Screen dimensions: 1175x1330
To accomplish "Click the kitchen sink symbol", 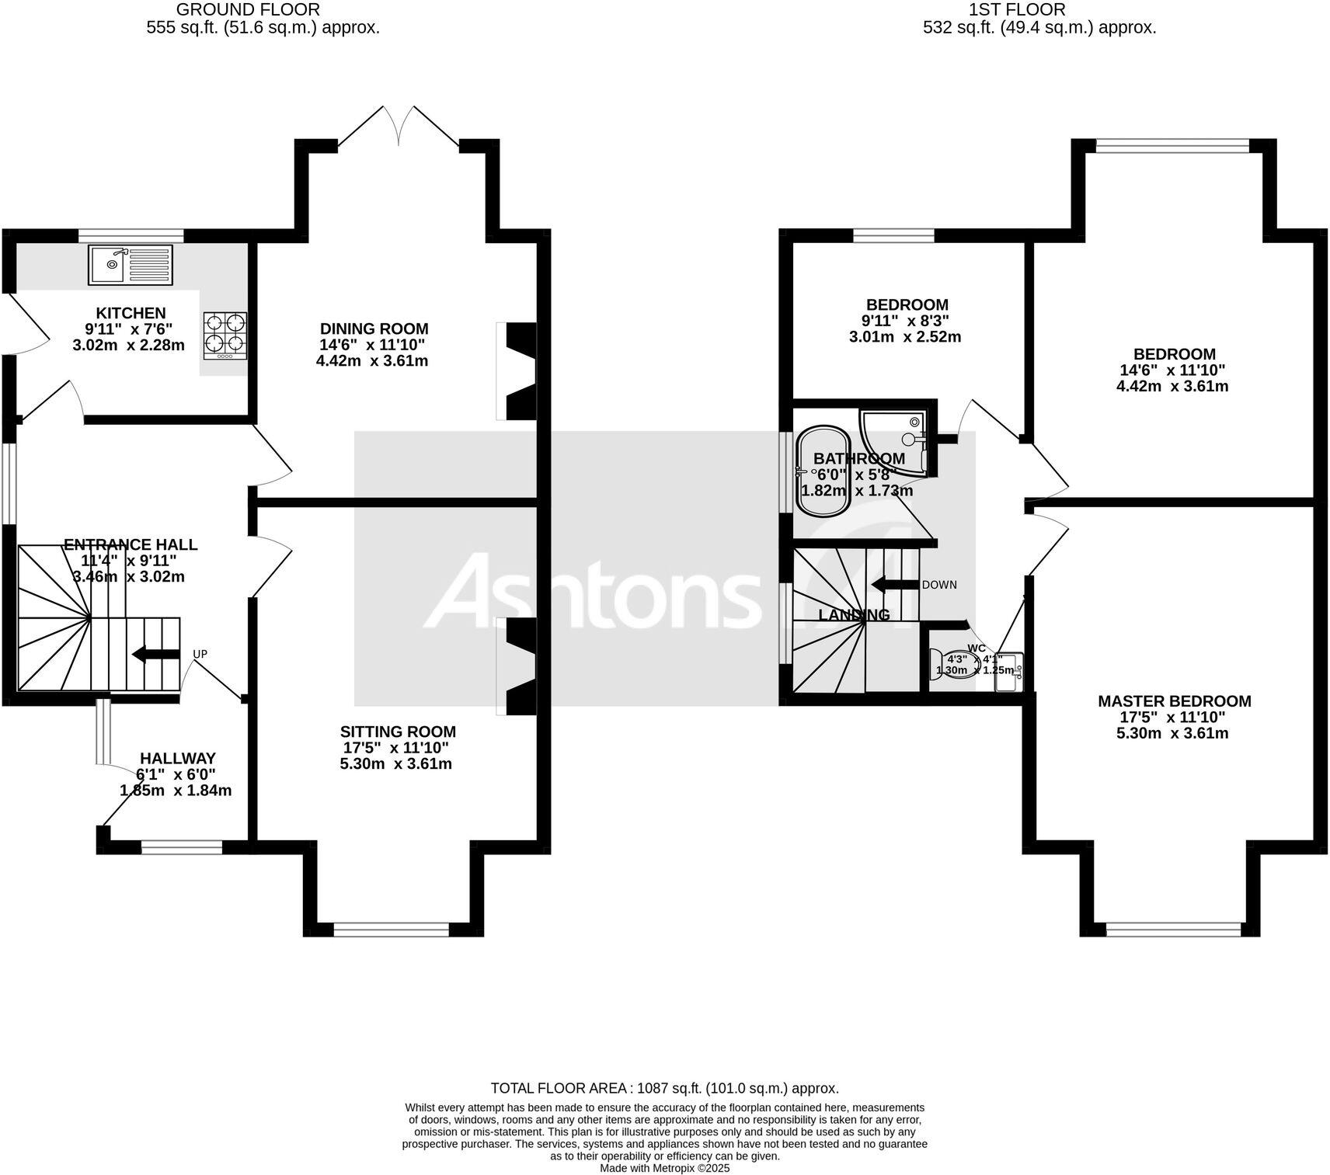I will [131, 264].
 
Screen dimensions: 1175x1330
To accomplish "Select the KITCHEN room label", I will [131, 313].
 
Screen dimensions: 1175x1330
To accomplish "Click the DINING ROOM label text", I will [374, 329].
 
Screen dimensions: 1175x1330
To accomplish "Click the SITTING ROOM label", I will [398, 732].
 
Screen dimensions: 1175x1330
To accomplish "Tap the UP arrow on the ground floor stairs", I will [155, 655].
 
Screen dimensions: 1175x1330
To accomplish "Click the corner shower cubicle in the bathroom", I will [901, 439].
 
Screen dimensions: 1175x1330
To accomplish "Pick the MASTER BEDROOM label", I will [1174, 701].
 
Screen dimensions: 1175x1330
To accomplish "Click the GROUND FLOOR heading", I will [248, 9].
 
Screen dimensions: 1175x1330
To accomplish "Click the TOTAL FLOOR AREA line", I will [664, 1088].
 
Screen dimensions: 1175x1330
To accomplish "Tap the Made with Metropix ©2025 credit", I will [664, 1168].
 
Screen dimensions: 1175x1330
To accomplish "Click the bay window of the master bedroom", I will [1173, 928].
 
